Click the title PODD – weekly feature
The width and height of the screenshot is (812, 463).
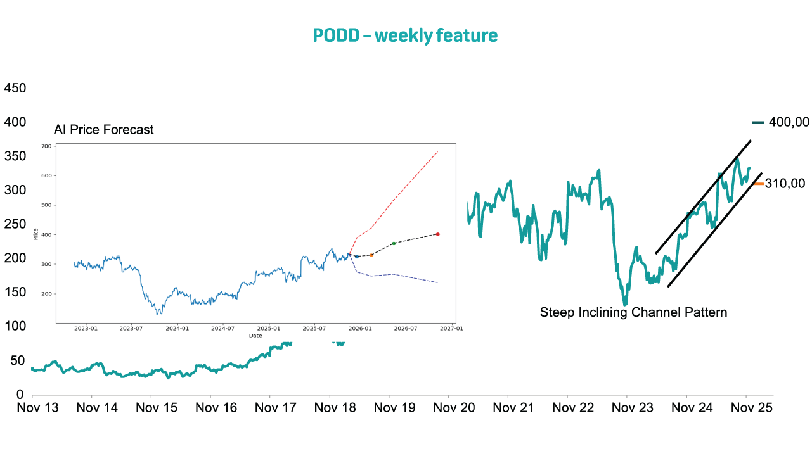(x=405, y=35)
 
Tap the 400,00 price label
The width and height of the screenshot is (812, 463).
(x=789, y=122)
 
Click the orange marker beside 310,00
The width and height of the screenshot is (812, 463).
(x=758, y=184)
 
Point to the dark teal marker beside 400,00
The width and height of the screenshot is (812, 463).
(x=758, y=122)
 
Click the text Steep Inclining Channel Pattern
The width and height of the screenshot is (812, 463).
(x=633, y=312)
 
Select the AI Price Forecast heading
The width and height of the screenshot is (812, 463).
(x=104, y=130)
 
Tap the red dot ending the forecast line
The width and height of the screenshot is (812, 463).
(x=438, y=234)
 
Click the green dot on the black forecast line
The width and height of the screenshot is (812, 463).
(x=394, y=243)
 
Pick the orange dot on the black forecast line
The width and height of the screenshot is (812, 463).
(x=371, y=255)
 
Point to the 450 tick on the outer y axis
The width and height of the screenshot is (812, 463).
(x=15, y=88)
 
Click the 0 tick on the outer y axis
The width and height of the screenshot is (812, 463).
(x=20, y=395)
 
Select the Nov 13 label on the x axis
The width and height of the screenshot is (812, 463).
(x=37, y=408)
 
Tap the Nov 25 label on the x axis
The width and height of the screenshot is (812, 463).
(x=751, y=408)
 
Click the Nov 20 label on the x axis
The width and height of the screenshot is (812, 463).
(x=454, y=408)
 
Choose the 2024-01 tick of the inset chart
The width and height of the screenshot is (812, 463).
(x=177, y=329)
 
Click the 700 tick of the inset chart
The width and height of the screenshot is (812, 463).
(x=46, y=146)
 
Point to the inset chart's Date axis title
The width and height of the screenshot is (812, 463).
(x=255, y=336)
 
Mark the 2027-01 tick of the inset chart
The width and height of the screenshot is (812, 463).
(x=451, y=329)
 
